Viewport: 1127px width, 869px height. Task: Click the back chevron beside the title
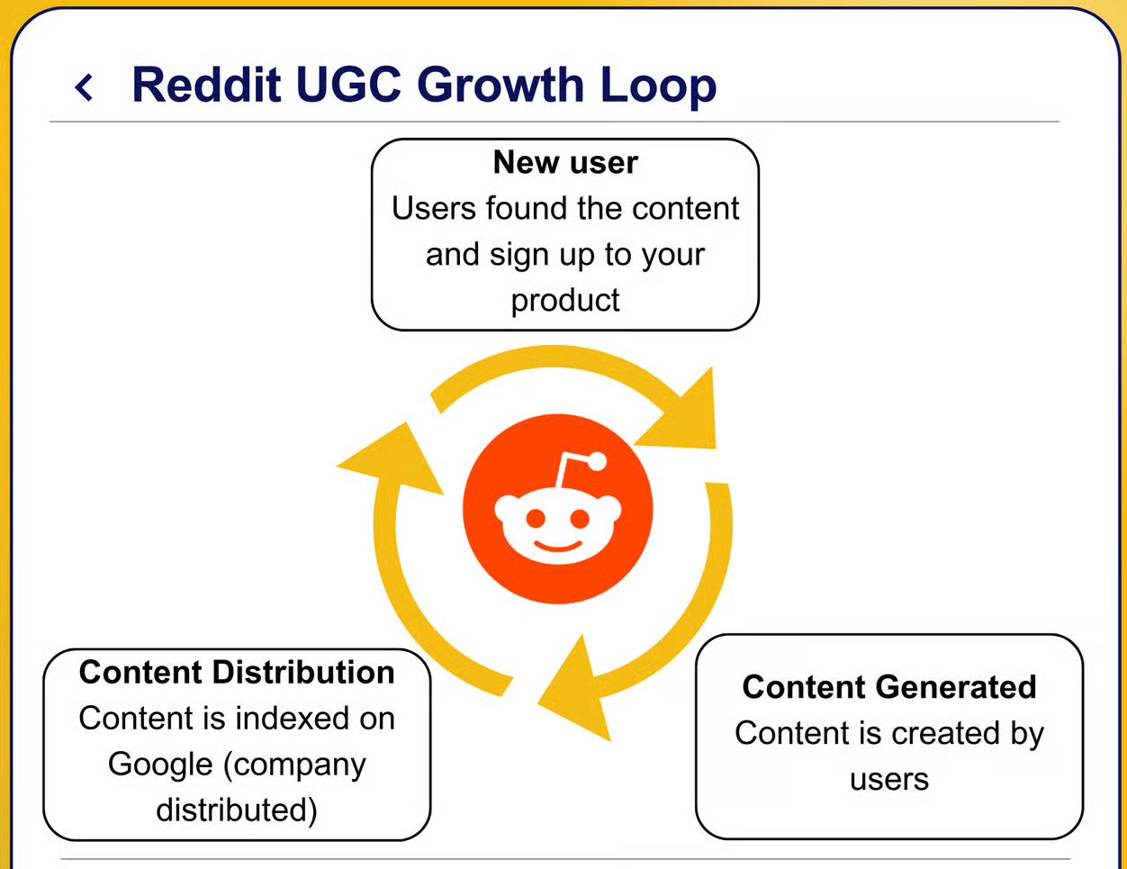click(84, 87)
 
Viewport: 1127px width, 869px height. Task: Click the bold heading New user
click(565, 162)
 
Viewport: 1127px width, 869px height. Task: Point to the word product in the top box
click(565, 301)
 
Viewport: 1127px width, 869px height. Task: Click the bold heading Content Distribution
click(237, 672)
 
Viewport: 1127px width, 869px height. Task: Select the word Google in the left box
click(160, 765)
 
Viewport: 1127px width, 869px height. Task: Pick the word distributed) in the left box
click(237, 810)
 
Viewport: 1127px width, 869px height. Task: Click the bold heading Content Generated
click(889, 687)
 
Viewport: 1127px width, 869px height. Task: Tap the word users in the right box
click(889, 779)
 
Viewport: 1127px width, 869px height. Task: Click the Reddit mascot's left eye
click(535, 518)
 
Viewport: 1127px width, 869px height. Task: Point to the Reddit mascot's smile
click(557, 547)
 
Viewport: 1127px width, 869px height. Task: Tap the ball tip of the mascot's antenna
click(597, 463)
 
